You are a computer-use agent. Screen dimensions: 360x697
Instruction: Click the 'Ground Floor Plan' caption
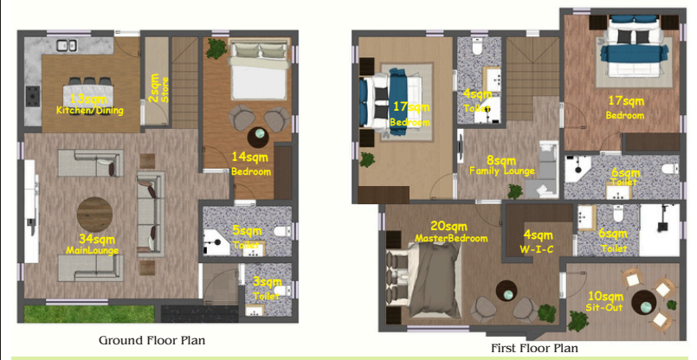pos(152,339)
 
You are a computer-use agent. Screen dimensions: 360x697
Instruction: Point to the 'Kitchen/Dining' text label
pos(89,111)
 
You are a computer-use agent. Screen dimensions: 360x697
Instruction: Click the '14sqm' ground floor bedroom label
pos(251,157)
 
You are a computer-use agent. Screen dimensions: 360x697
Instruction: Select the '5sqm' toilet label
pos(247,231)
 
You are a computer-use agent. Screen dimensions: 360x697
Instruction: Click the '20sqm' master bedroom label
pos(441,226)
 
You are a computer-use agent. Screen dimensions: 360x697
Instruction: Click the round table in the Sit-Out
pos(644,304)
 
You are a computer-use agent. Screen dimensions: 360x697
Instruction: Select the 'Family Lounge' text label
pos(501,171)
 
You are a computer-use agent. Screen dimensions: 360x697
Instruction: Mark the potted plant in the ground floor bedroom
pos(215,49)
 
